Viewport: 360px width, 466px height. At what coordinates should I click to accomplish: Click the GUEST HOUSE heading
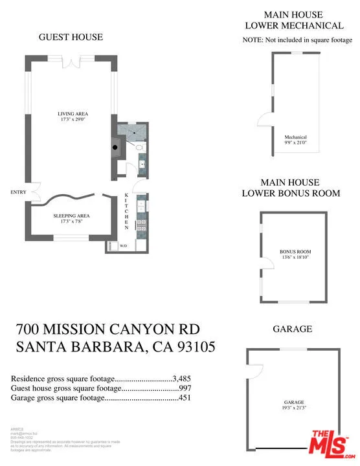(x=71, y=37)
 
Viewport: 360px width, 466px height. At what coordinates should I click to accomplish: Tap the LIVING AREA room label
(x=73, y=117)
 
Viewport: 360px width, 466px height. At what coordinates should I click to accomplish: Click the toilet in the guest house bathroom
(x=139, y=148)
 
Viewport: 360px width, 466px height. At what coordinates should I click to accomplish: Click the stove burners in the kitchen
(x=141, y=227)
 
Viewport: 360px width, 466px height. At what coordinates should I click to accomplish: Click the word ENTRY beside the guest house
(x=17, y=192)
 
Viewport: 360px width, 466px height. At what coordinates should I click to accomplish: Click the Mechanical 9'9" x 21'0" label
(x=295, y=140)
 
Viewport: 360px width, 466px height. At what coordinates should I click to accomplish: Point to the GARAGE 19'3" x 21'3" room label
(x=293, y=405)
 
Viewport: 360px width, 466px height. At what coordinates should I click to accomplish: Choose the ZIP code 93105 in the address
(x=191, y=348)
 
